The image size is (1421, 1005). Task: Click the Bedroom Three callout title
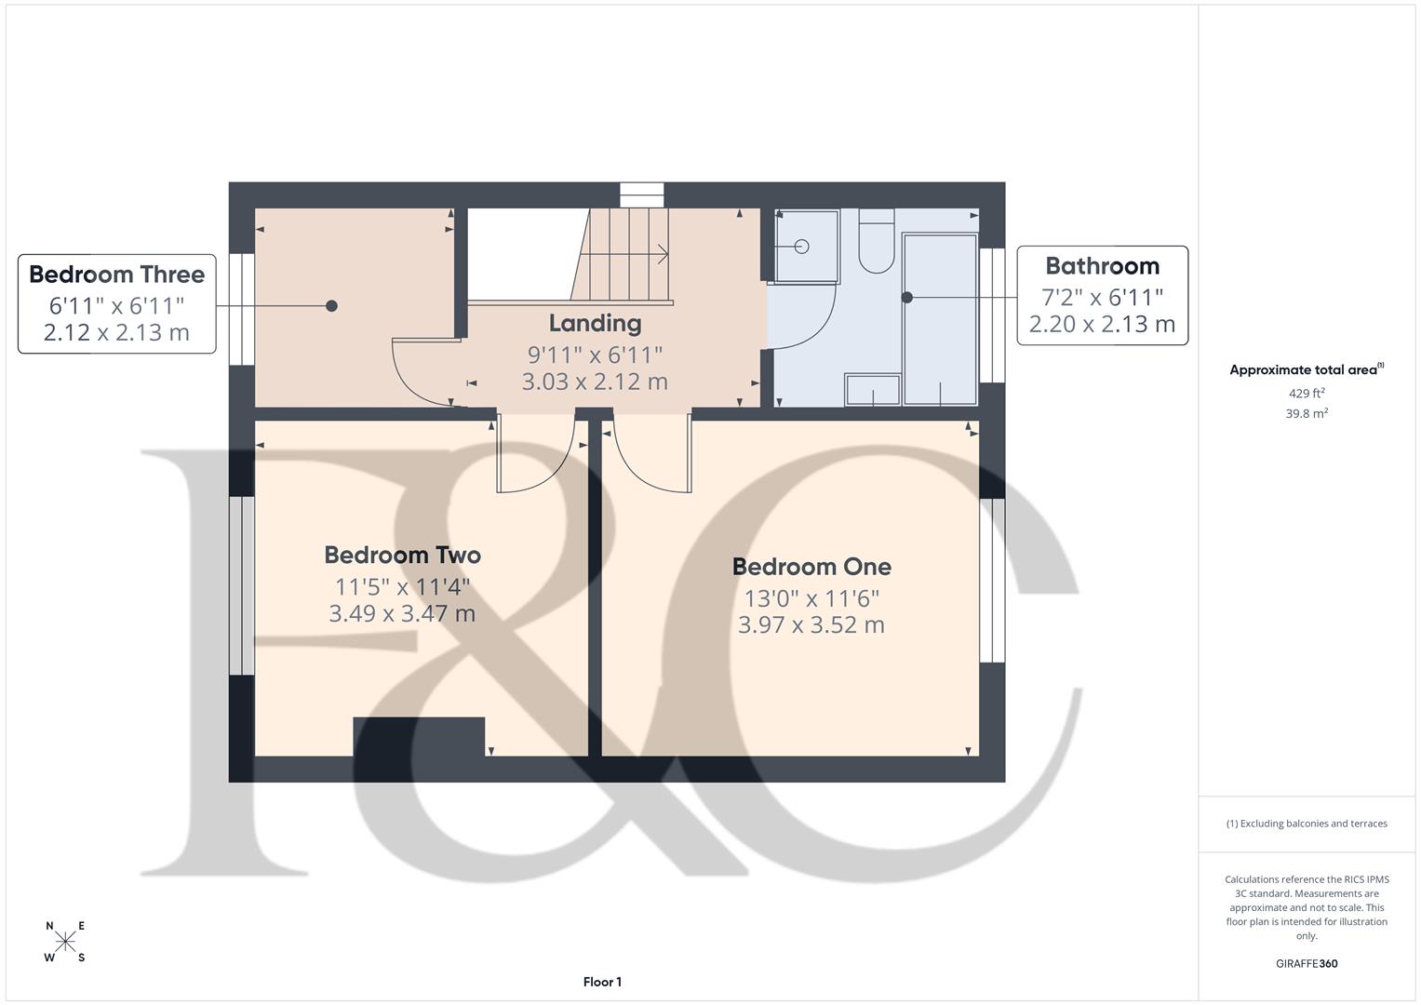[116, 275]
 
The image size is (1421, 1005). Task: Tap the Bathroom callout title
[1102, 266]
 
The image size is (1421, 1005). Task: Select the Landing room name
[595, 324]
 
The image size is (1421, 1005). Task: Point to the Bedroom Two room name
[402, 556]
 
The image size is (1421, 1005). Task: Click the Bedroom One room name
[811, 567]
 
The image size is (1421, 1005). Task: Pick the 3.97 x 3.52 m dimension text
[811, 625]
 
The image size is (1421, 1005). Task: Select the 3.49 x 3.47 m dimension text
[402, 614]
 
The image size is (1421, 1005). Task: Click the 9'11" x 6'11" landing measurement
[595, 355]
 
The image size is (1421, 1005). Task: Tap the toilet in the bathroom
[876, 242]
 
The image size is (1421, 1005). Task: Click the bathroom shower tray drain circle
[801, 247]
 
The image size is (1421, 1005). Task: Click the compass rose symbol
[65, 942]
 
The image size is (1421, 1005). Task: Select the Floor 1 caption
[602, 982]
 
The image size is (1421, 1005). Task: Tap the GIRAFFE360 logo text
[1307, 963]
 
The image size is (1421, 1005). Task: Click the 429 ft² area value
[1307, 394]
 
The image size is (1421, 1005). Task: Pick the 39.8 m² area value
[1307, 414]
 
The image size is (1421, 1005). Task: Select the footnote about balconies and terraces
[1307, 824]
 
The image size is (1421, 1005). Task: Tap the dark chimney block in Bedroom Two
[419, 736]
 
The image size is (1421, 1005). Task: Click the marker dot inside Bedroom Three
[331, 306]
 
